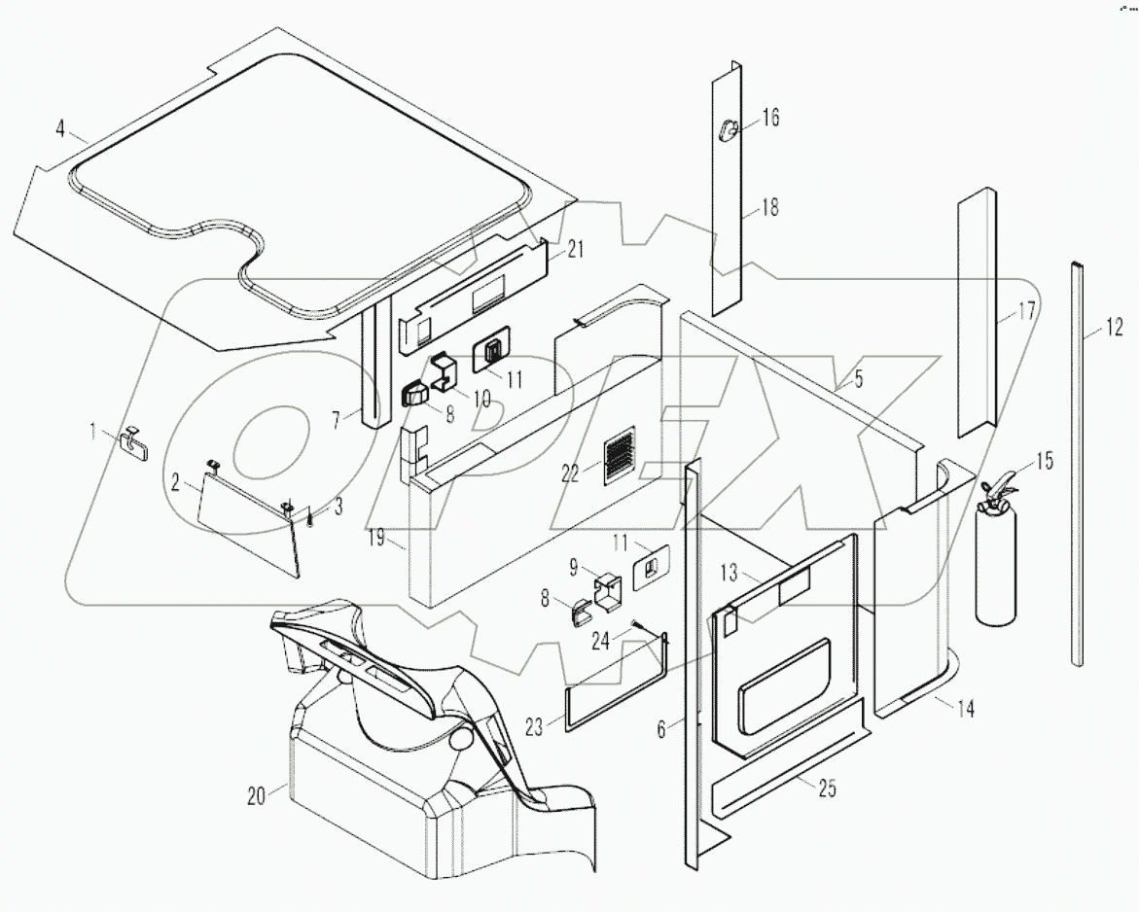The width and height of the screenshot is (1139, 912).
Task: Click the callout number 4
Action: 60,128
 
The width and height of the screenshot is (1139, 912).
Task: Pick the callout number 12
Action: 1114,328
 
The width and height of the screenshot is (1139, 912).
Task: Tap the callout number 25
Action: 827,789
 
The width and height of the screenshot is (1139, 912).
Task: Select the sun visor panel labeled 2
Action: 248,520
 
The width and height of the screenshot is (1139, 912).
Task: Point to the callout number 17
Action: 1026,312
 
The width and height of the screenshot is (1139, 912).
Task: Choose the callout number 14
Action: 963,709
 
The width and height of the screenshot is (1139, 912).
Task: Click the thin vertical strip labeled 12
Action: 1077,467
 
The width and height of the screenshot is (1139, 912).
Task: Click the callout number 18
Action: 769,207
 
